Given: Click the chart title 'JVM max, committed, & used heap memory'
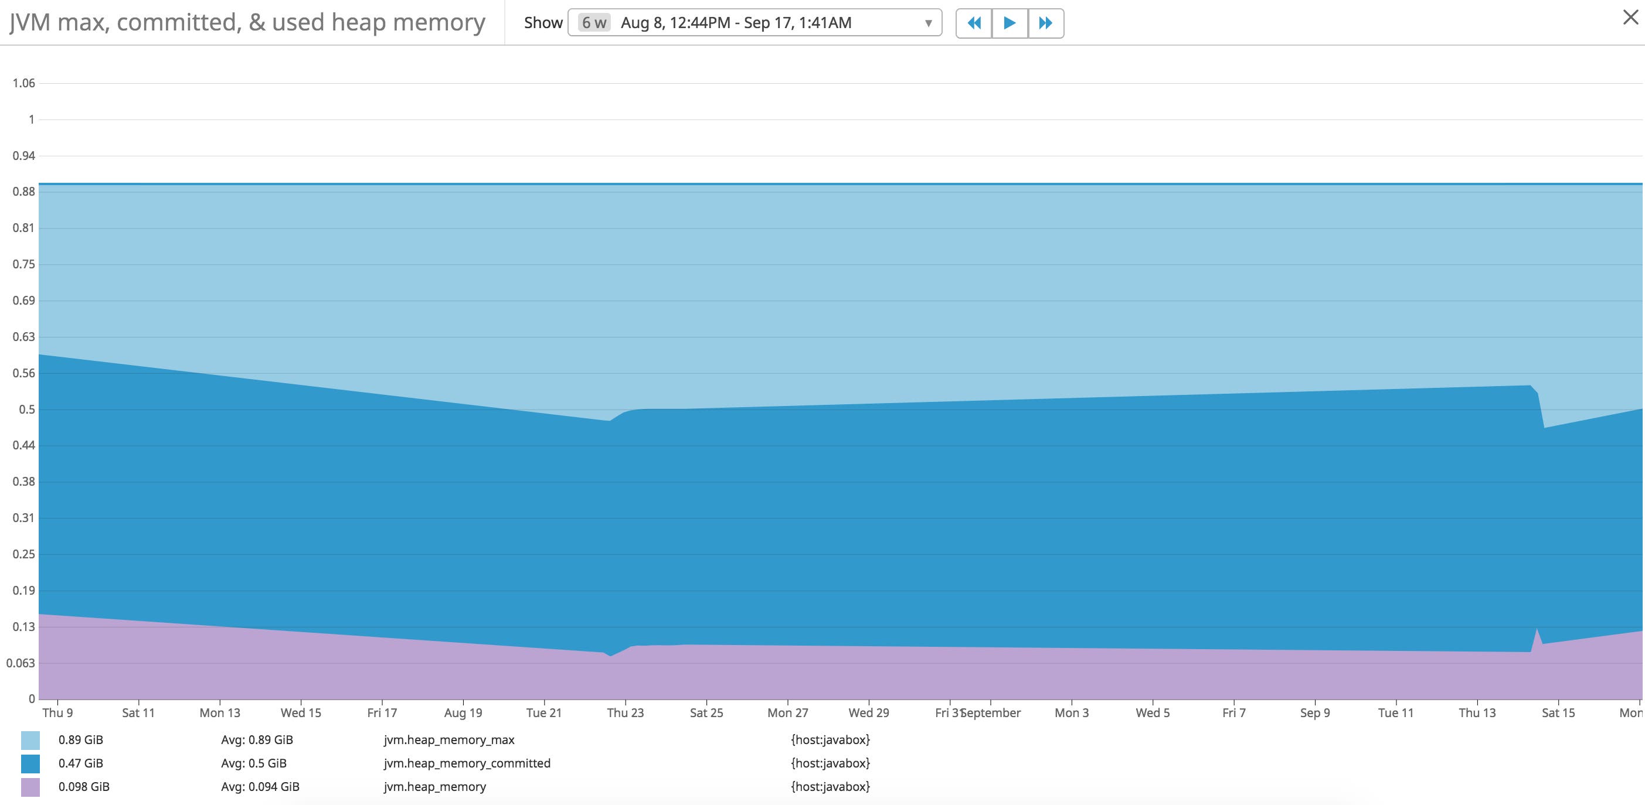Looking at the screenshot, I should coord(247,22).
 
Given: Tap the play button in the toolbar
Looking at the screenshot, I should coord(1010,23).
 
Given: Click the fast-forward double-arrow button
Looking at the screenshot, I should coord(1045,23).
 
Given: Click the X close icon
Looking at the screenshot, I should coord(1630,17).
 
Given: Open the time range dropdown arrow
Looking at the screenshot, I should coord(928,23).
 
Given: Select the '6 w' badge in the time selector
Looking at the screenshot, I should coord(594,23).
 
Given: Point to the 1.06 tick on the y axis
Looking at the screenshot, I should coord(23,83).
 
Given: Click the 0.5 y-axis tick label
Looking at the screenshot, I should coord(27,409).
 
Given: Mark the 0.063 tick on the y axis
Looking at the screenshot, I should coord(21,663).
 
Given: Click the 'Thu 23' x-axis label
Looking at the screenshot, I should coord(625,712).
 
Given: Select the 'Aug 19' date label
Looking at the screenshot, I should coord(463,712).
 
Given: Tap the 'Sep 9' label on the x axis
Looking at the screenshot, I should coord(1315,712).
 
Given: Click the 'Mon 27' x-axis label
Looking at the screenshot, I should coord(787,712).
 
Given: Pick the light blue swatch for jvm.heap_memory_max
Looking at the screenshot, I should coord(30,740).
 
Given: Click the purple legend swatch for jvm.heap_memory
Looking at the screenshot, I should coord(30,786).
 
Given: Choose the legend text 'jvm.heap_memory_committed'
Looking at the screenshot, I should coord(467,763).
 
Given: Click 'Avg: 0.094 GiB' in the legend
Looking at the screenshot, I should coord(260,786).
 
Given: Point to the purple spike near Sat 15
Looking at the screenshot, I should coord(1537,633).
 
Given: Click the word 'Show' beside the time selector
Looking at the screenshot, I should coord(543,23).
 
